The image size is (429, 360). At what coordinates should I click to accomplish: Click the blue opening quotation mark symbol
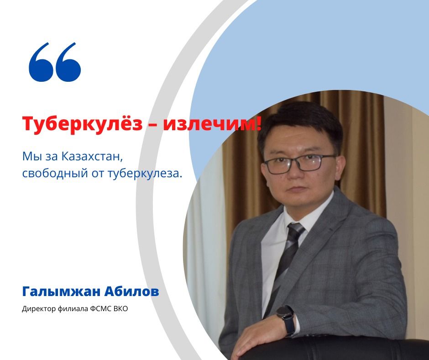[x=54, y=63]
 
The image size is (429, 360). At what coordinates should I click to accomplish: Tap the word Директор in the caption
[x=37, y=309]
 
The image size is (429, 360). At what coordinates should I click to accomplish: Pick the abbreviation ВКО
[x=119, y=309]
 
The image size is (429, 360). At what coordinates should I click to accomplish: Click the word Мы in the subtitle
[x=30, y=157]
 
